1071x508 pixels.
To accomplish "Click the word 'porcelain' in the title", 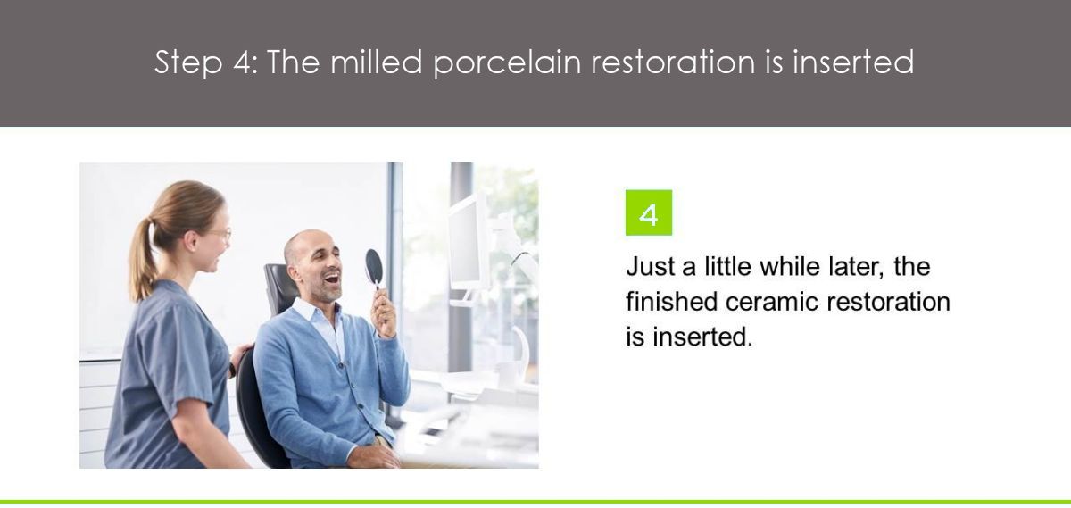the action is click(507, 63).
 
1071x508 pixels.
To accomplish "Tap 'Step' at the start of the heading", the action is click(189, 62).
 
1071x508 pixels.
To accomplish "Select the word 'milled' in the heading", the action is click(377, 62).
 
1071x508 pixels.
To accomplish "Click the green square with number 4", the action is click(648, 212).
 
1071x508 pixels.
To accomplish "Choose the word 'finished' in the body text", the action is click(671, 302).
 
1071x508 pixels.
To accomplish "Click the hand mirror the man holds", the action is click(374, 269).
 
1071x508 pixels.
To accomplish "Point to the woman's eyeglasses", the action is click(220, 235).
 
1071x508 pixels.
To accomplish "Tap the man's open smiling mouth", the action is click(331, 278).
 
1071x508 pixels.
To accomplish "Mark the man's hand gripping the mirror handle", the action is click(384, 312).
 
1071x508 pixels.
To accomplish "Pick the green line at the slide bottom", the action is click(535, 502).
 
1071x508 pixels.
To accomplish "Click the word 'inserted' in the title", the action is click(853, 62).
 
